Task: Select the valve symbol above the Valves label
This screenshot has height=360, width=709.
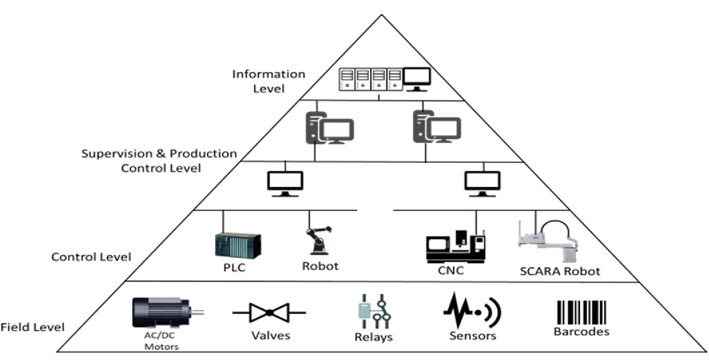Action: (x=269, y=312)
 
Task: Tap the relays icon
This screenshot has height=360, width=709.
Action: (x=372, y=310)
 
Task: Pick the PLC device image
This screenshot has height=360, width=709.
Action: (x=237, y=244)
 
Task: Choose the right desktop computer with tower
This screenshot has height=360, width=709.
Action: (x=437, y=127)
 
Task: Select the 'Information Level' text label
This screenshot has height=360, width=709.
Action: (x=268, y=80)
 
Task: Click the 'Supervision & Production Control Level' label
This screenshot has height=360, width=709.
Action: (x=159, y=160)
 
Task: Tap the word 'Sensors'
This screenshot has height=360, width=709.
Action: (x=473, y=335)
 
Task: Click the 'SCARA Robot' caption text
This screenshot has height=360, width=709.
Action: (x=560, y=272)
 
